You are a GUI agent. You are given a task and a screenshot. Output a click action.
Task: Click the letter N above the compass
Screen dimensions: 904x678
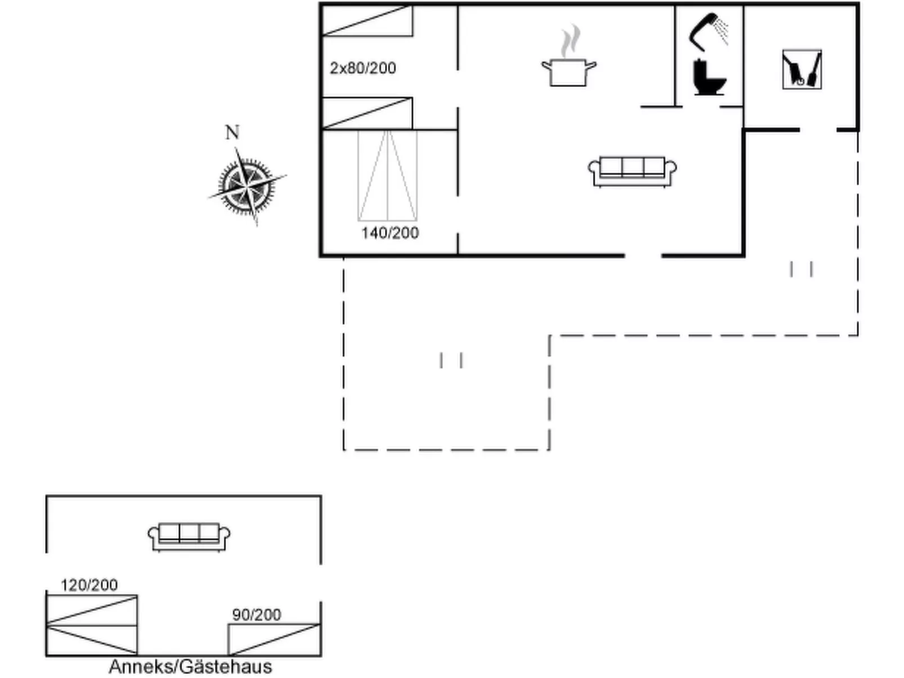pos(232,132)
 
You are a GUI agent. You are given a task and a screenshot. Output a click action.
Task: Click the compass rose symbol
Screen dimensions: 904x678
pos(247,186)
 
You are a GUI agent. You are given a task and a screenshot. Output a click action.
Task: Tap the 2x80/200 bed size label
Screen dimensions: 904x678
pos(363,68)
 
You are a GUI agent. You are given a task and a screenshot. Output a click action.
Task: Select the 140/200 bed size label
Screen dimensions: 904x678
pos(390,233)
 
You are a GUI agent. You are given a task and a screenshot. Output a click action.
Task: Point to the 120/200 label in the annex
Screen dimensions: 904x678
pos(89,585)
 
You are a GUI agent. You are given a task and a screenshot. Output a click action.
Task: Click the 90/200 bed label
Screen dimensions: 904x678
pos(257,615)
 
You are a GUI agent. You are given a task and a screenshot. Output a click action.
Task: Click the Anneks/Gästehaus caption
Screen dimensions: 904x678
pos(190,667)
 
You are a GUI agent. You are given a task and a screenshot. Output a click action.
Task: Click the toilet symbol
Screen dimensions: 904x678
pos(709,77)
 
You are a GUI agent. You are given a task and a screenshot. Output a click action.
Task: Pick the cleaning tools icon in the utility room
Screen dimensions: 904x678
pos(802,69)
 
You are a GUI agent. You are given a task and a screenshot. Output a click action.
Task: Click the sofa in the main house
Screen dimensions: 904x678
pos(632,172)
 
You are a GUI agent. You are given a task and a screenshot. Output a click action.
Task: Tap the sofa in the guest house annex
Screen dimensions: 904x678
pos(189,537)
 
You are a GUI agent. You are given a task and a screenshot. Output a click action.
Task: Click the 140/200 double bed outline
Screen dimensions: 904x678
pos(387,176)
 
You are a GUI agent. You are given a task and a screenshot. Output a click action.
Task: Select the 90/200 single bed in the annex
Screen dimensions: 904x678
pos(274,640)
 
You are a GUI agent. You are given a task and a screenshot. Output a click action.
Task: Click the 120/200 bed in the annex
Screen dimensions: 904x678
pos(92,625)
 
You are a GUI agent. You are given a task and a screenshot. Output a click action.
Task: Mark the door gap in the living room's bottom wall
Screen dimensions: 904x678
pos(643,255)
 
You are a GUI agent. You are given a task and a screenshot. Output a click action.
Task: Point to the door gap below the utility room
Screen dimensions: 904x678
pos(818,130)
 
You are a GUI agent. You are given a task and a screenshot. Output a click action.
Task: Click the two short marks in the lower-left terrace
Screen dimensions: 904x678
pos(451,360)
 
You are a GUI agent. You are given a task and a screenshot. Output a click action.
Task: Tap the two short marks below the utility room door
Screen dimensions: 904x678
pos(801,269)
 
